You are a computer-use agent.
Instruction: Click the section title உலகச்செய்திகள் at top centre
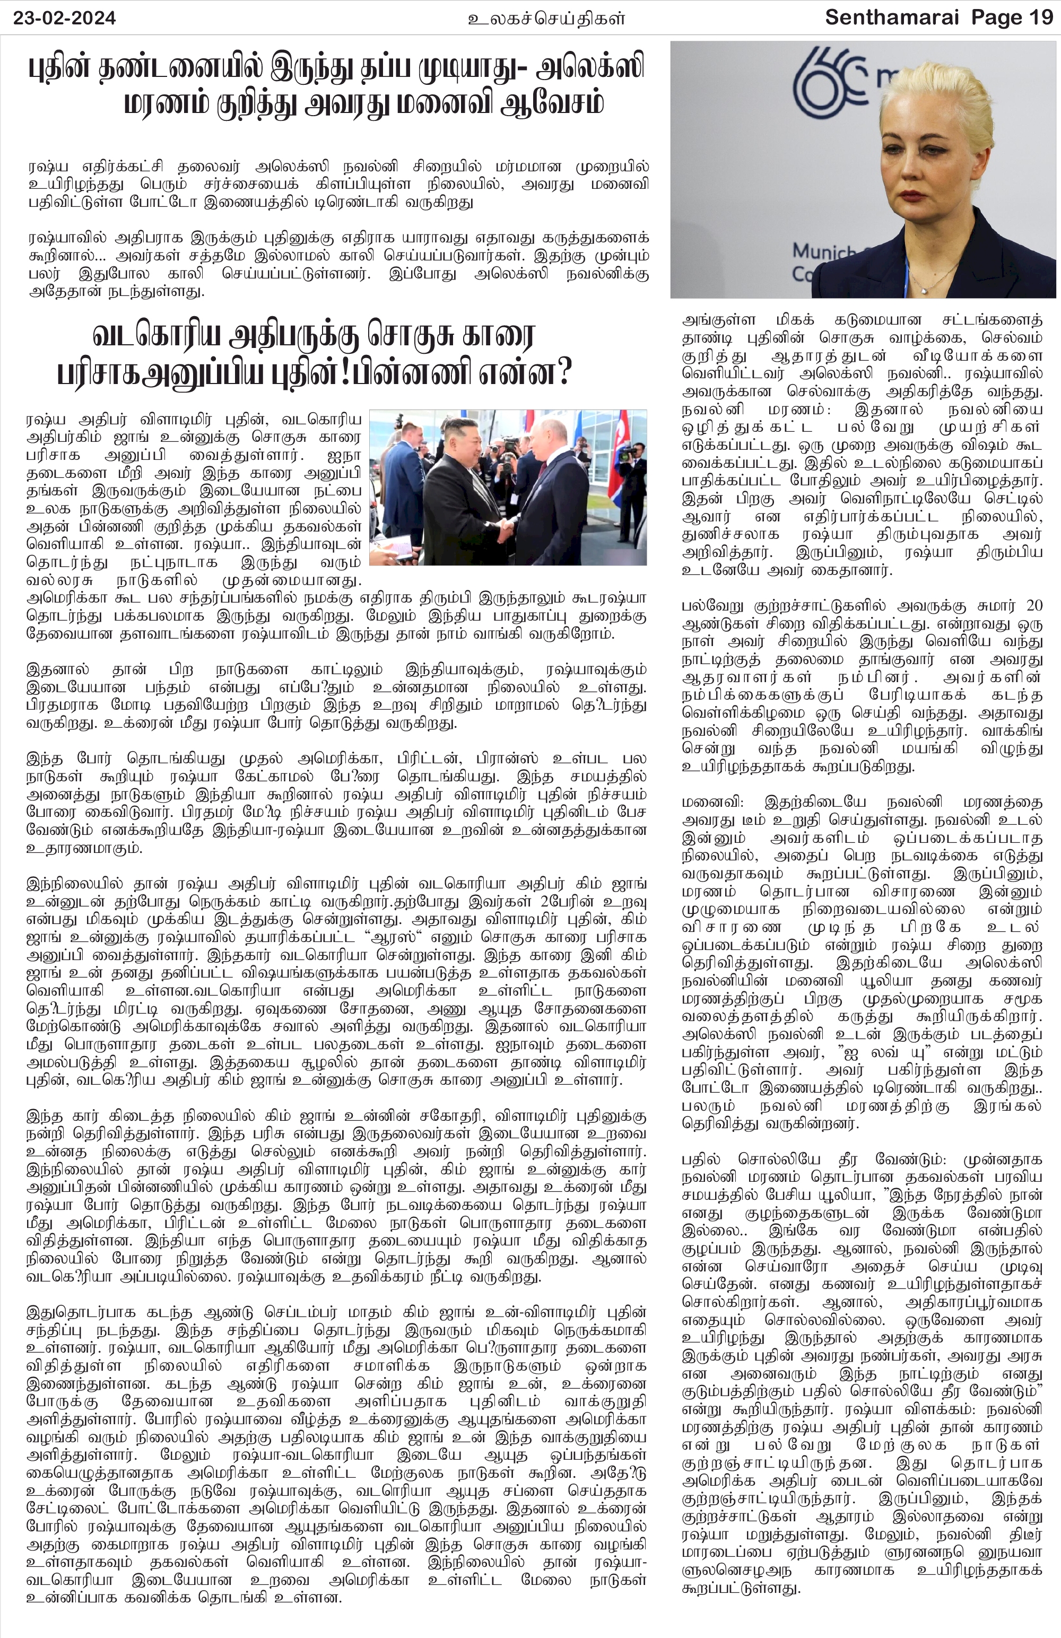point(546,19)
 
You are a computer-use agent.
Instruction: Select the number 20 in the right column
point(1033,606)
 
